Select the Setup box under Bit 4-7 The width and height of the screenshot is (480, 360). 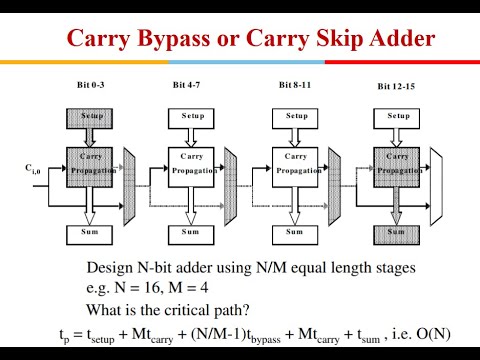[x=193, y=115]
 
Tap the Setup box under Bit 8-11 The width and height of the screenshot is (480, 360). [x=297, y=115]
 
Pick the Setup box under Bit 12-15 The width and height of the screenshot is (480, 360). [x=397, y=115]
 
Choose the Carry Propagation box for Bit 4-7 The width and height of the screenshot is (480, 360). [x=193, y=164]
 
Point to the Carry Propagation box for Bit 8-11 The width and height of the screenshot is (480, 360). [x=297, y=164]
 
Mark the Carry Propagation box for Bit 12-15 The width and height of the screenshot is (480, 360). [x=397, y=164]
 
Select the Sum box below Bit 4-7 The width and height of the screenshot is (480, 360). [x=193, y=233]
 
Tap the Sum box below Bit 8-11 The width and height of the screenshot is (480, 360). [x=297, y=233]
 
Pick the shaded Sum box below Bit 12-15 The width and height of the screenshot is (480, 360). [x=397, y=233]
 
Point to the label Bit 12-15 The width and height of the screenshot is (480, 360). [x=396, y=87]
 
